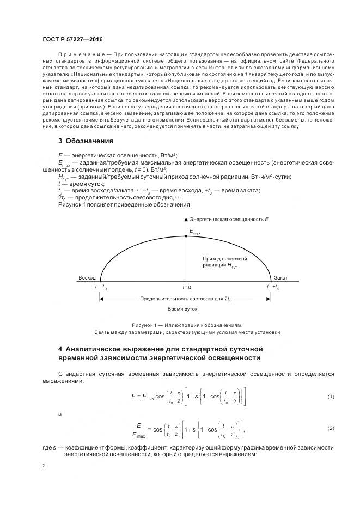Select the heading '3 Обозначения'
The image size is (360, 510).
(x=86, y=141)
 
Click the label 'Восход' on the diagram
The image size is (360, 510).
(x=87, y=277)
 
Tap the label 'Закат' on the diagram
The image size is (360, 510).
(x=281, y=277)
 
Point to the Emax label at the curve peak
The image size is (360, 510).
(x=194, y=232)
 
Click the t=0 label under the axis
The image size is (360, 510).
(x=186, y=287)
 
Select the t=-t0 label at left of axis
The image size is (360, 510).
(x=101, y=287)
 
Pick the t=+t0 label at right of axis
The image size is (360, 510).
(x=273, y=287)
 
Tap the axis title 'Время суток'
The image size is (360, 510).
(x=182, y=309)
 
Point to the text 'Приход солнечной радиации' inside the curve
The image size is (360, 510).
(x=225, y=261)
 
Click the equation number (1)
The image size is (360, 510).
(x=331, y=396)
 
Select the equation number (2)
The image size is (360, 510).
(x=331, y=429)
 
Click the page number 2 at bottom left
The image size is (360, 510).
(x=44, y=467)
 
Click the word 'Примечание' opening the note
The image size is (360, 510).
(x=81, y=54)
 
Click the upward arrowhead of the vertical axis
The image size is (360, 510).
(x=186, y=217)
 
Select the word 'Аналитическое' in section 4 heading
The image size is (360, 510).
(x=93, y=348)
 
